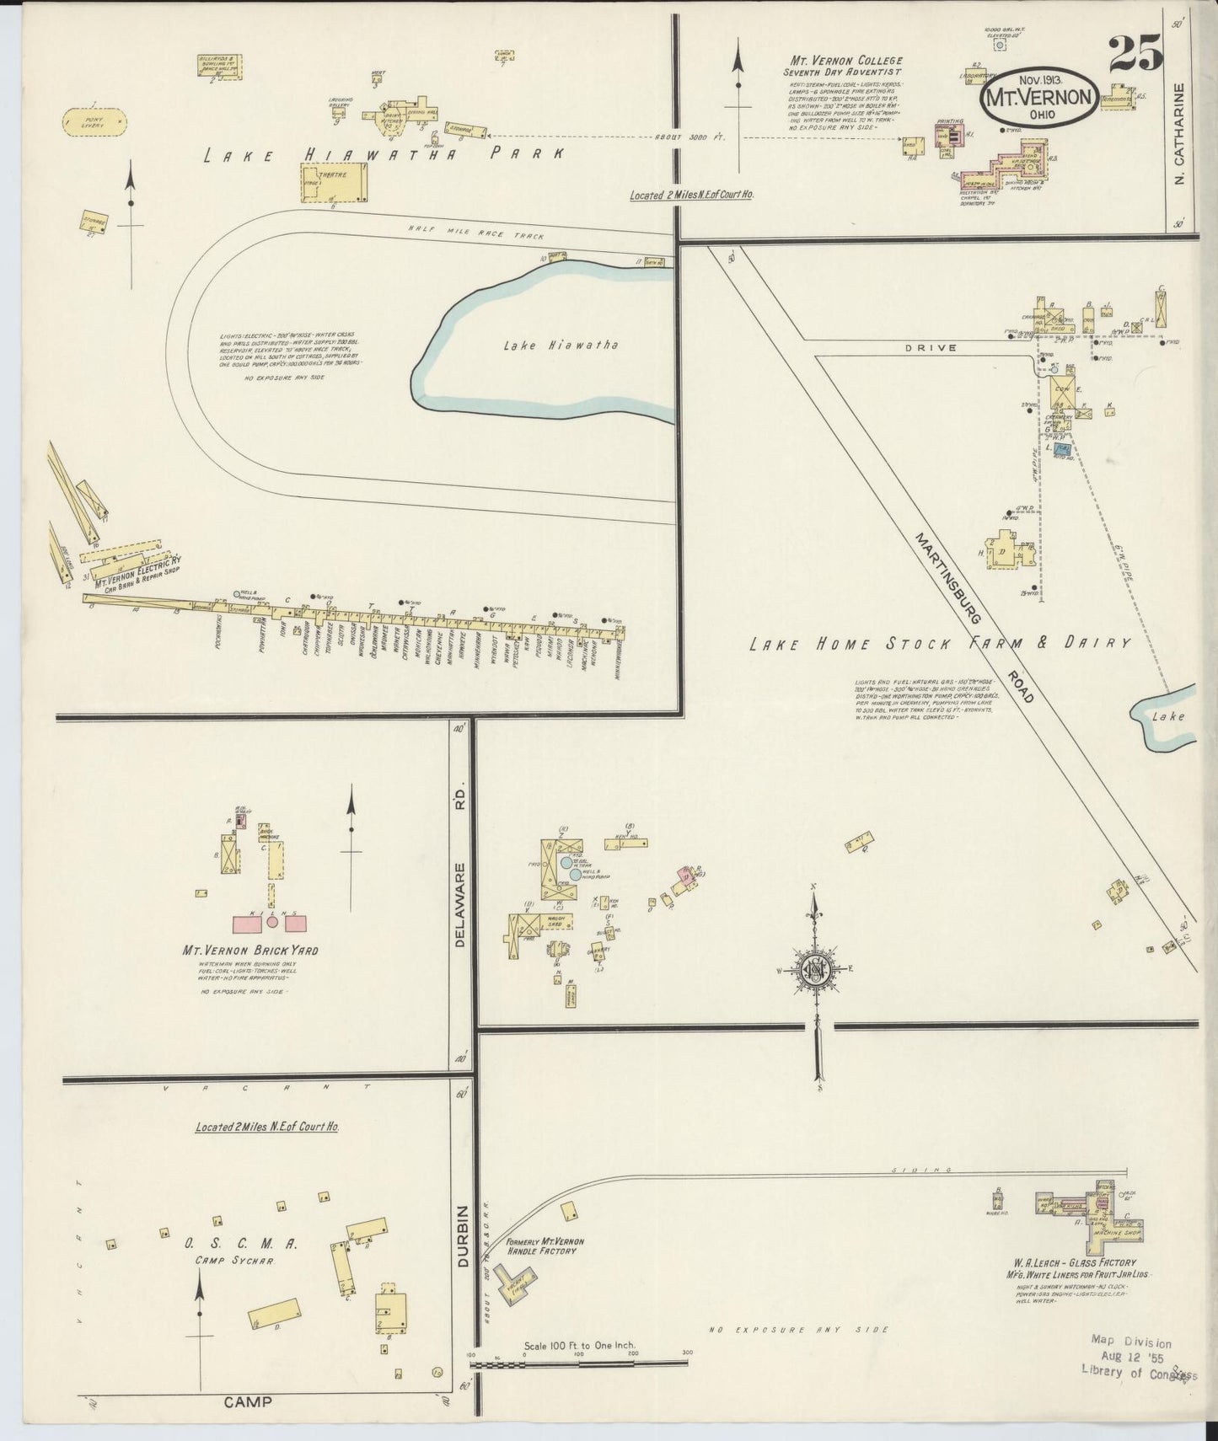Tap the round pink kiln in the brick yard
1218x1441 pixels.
[271, 923]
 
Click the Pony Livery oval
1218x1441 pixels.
[94, 121]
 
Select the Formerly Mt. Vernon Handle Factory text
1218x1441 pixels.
[545, 1245]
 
